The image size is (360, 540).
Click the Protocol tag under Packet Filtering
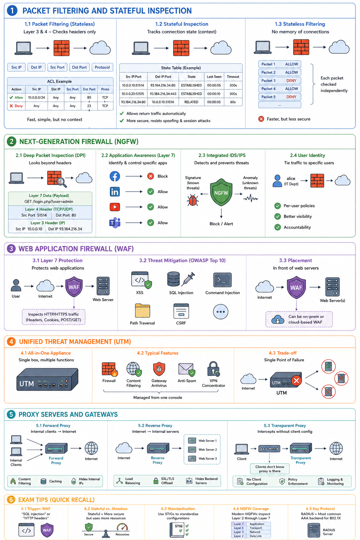pos(102,67)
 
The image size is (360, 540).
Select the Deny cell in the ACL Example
pos(17,106)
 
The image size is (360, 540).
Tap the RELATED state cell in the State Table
pos(191,102)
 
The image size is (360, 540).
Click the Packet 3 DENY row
pos(280,81)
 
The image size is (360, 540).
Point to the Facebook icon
pos(115,176)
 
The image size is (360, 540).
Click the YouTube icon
pos(115,207)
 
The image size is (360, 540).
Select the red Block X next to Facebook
pos(151,176)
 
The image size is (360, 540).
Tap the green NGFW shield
pos(221,192)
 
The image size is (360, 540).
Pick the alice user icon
pos(277,181)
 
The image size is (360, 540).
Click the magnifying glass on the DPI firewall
pos(62,182)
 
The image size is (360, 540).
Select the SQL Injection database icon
pos(174,279)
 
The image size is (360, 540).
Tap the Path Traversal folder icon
pos(142,310)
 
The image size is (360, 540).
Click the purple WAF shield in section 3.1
pos(74,287)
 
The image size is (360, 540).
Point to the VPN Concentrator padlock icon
pos(213,368)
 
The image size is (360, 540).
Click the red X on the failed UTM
pos(296,381)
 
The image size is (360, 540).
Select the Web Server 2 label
pos(208,450)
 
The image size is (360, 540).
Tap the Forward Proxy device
pos(56,448)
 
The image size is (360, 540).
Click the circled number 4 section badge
pos(11,342)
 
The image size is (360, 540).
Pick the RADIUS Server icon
pos(314,531)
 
